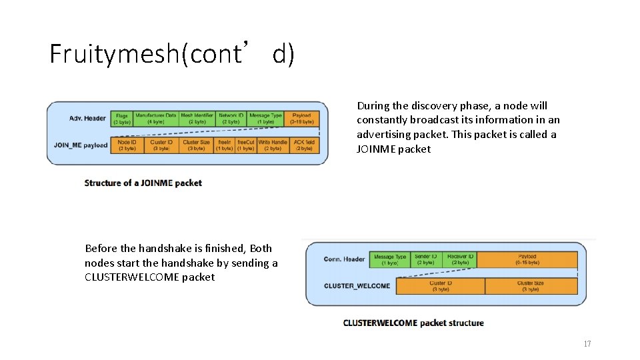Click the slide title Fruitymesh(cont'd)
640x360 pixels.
[x=171, y=53]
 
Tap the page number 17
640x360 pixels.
[x=587, y=344]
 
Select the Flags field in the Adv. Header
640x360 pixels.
[x=122, y=119]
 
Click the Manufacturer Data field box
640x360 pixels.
[x=155, y=119]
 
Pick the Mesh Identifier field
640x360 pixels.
[x=197, y=119]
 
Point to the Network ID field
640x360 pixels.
[x=231, y=119]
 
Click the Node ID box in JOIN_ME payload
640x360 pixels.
[x=127, y=145]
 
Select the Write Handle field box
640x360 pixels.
[x=273, y=145]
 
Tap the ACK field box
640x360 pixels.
[x=303, y=145]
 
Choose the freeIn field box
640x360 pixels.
[x=224, y=145]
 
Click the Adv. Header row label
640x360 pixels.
[x=87, y=119]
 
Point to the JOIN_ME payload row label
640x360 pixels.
[x=81, y=145]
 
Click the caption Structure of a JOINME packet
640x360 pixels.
[x=143, y=183]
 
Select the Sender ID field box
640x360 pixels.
[x=426, y=259]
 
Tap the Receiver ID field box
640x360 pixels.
[x=461, y=259]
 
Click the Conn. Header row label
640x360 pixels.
[x=344, y=259]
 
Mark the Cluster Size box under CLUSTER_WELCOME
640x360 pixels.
[x=531, y=286]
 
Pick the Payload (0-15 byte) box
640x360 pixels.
[x=527, y=259]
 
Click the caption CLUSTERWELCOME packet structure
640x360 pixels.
[x=413, y=323]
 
